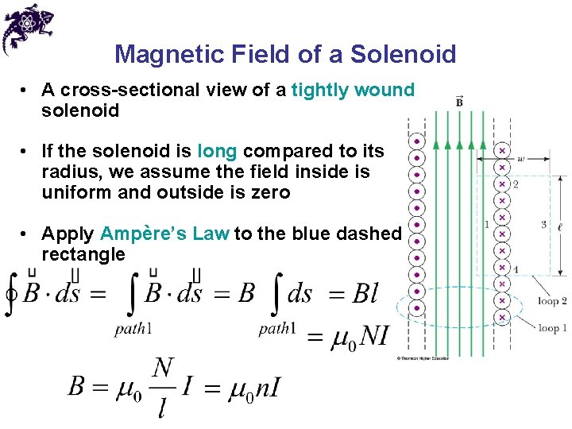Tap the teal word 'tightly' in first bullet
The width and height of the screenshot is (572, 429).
(320, 91)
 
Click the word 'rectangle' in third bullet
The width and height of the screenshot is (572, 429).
(83, 255)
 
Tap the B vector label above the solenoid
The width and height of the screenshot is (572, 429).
(460, 102)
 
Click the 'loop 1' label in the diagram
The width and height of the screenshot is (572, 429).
(552, 328)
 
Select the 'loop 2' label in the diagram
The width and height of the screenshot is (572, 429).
(552, 301)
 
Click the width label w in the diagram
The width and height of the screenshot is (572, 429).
(520, 158)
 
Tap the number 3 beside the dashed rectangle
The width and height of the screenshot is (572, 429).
(543, 225)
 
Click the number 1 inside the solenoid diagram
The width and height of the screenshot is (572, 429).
(486, 225)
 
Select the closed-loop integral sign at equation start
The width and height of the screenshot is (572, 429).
(11, 294)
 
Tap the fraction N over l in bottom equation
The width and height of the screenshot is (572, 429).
(163, 388)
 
